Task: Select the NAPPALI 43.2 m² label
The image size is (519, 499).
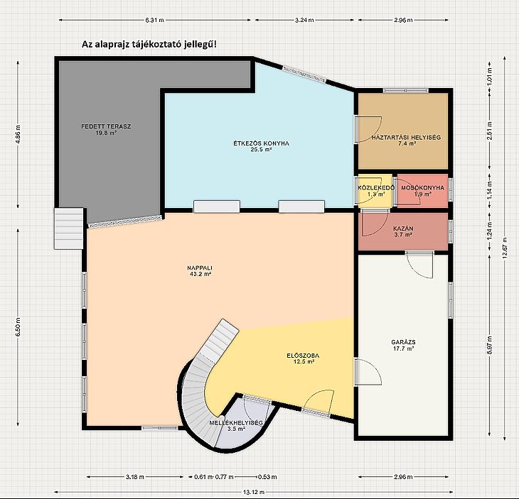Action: coord(199,270)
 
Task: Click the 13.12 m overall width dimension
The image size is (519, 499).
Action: coord(254,492)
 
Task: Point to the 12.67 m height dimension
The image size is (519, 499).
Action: coord(505,248)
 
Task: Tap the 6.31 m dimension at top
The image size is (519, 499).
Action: coord(154,20)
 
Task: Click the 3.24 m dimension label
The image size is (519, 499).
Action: coord(304,20)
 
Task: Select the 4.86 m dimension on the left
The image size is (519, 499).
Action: coord(18,133)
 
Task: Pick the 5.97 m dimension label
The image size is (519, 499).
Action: coord(490,346)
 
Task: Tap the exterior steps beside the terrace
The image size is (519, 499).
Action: coord(68,229)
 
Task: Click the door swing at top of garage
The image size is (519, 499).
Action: coord(419,265)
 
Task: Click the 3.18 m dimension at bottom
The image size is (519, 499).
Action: coord(134,477)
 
